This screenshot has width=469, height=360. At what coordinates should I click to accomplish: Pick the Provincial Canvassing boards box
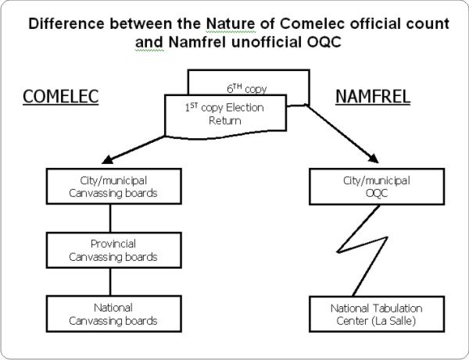click(109, 250)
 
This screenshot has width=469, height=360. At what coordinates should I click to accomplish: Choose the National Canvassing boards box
click(109, 313)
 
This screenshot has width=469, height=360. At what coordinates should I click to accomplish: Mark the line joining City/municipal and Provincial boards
click(109, 219)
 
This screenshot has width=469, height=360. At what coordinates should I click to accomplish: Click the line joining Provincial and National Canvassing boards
click(109, 281)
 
